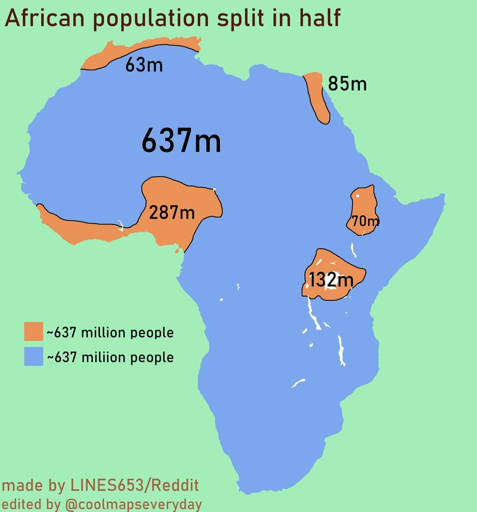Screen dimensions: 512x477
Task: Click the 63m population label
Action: (144, 65)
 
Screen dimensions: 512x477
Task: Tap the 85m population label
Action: (347, 83)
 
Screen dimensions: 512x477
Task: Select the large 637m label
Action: (181, 140)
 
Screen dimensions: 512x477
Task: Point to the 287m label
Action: (171, 212)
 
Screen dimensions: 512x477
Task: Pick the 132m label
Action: (331, 280)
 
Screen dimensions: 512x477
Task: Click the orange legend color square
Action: (34, 331)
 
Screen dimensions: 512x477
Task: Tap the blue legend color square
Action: (34, 357)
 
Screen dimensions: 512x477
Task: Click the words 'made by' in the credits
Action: (34, 485)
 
